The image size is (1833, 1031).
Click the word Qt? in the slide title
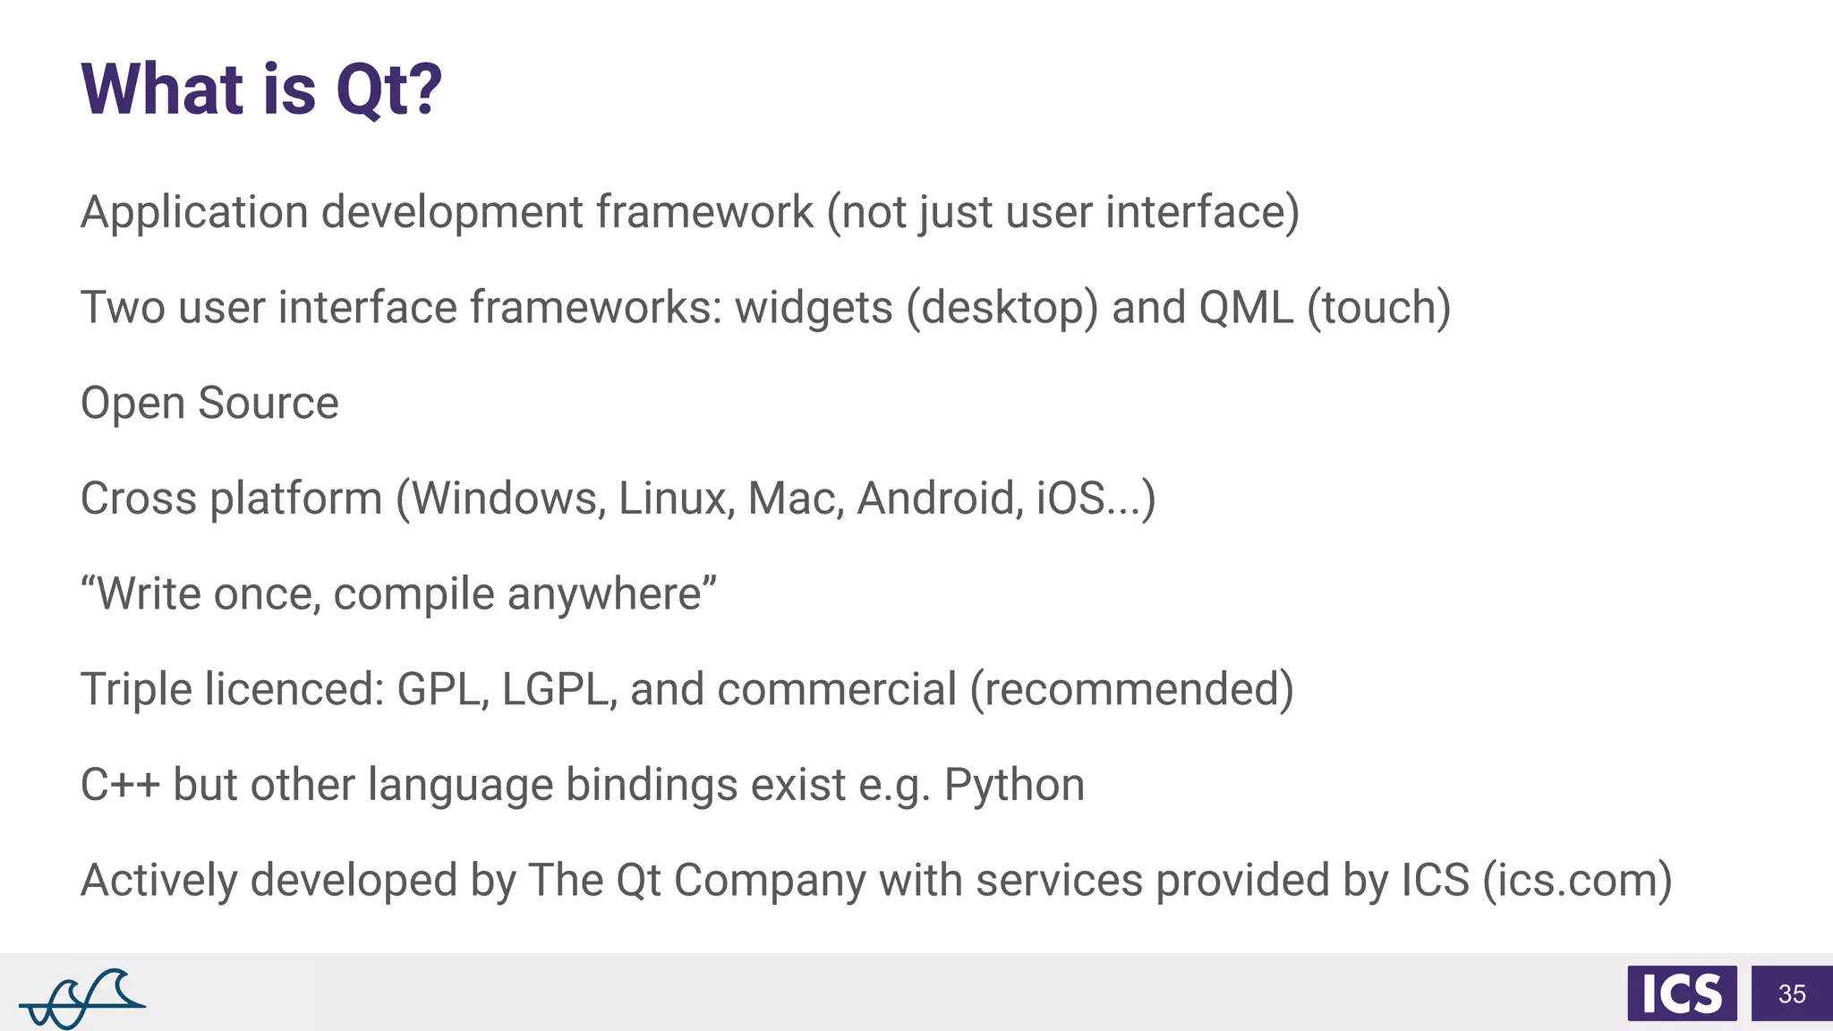tap(388, 89)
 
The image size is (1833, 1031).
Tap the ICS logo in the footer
tap(1682, 993)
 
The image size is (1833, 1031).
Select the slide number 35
tap(1792, 993)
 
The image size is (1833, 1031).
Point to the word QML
tap(1246, 308)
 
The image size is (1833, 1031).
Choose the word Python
tap(1014, 785)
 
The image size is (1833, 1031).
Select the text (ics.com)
tap(1577, 880)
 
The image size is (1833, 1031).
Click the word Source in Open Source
tap(269, 403)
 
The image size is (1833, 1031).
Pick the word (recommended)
tap(1132, 689)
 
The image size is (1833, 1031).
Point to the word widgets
tap(814, 309)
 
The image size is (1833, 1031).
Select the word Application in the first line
tap(194, 213)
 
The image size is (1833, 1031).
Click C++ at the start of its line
tap(120, 785)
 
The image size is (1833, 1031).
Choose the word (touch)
tap(1378, 308)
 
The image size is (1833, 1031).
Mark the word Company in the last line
tap(770, 881)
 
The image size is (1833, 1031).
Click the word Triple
tap(136, 689)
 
